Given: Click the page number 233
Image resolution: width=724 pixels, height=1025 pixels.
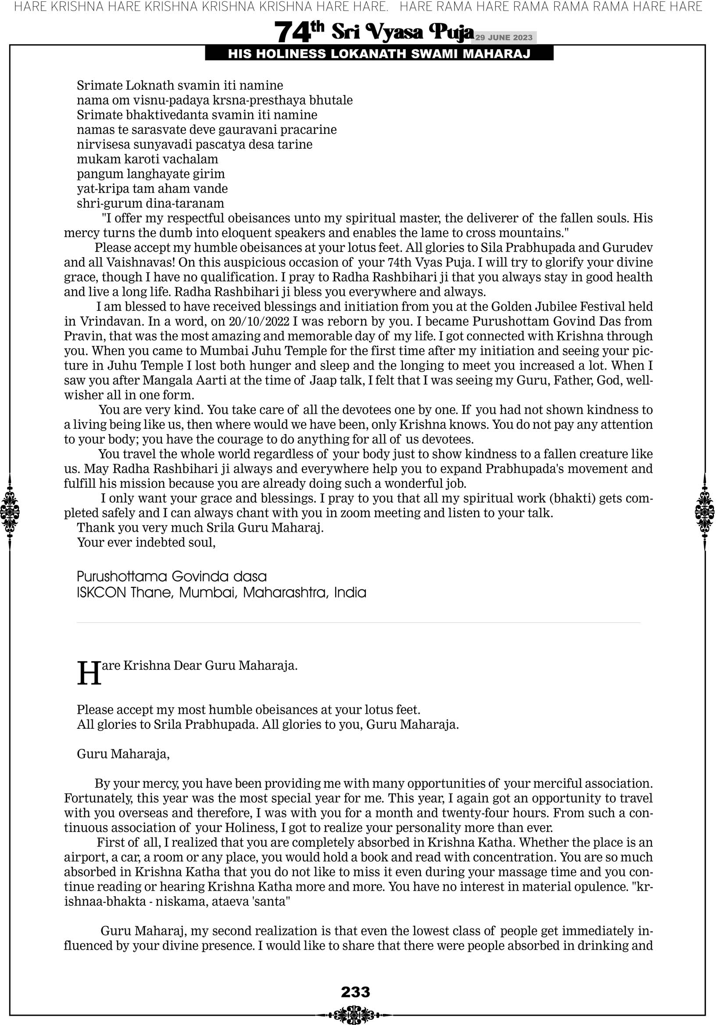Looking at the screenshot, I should click(x=355, y=992).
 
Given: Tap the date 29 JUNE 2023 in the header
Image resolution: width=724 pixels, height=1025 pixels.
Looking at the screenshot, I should click(x=503, y=37).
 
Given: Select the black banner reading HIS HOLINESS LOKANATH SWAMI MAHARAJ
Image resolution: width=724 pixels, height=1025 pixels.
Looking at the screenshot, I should click(x=379, y=54).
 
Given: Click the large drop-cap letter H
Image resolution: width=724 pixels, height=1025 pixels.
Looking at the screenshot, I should click(x=89, y=674).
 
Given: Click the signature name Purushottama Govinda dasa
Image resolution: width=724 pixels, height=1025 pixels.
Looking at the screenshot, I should click(x=172, y=576).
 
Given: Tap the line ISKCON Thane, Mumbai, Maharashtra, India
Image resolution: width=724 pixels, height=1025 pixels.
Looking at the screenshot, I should click(x=222, y=593).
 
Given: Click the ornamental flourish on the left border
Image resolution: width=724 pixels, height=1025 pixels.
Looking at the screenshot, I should click(x=10, y=511).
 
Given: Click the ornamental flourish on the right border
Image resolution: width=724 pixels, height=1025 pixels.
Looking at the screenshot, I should click(x=705, y=511).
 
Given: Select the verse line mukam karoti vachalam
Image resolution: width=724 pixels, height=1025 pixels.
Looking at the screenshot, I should click(x=147, y=159).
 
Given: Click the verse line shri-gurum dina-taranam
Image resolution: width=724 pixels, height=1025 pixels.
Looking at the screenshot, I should click(x=151, y=204).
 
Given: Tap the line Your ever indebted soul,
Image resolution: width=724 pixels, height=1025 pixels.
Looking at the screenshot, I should click(x=147, y=543).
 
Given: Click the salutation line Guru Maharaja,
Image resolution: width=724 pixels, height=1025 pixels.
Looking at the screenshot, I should click(x=123, y=754).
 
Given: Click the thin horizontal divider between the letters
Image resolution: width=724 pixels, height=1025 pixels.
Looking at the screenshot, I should click(x=358, y=623).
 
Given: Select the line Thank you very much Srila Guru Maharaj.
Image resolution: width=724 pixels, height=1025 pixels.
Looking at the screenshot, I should click(x=200, y=528).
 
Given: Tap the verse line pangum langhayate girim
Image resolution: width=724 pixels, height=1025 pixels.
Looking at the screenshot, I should click(x=151, y=174).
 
